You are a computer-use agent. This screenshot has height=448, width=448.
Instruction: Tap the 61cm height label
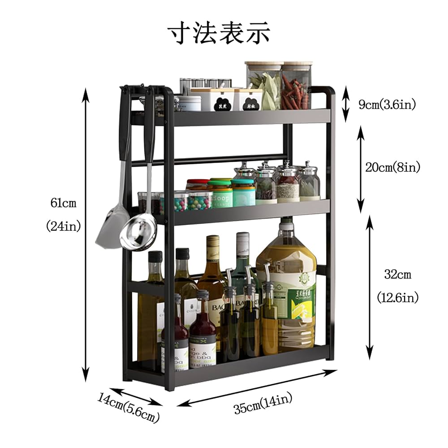(x=63, y=203)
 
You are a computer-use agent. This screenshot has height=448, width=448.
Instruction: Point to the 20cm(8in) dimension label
(x=393, y=168)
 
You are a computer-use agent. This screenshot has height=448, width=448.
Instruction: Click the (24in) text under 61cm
(x=63, y=227)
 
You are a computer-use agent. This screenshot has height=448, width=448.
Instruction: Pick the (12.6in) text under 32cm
(x=397, y=297)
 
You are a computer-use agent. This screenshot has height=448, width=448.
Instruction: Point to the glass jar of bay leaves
(x=263, y=86)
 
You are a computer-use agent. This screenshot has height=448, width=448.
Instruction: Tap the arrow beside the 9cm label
(x=345, y=105)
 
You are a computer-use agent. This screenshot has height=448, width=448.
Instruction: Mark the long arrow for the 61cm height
(x=86, y=233)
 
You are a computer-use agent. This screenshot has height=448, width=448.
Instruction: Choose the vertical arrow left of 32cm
(x=369, y=287)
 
